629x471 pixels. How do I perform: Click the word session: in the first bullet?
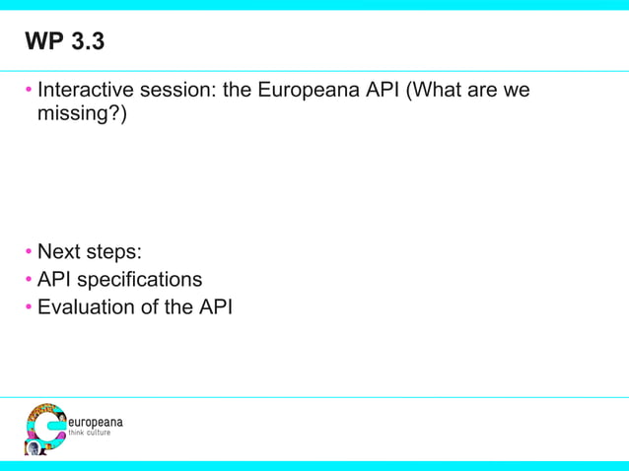tap(178, 91)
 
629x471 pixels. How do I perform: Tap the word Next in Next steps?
tap(59, 251)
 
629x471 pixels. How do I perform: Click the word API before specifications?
tap(56, 279)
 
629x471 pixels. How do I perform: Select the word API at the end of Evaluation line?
tap(215, 306)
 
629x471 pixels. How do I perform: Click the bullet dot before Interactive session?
tap(30, 92)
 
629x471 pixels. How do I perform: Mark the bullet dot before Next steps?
tap(30, 252)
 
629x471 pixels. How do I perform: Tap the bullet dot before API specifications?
tap(30, 280)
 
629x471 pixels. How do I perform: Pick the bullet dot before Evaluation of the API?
tap(30, 307)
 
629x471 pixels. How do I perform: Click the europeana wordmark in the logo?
tap(94, 422)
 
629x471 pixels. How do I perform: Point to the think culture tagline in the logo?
tap(89, 433)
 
